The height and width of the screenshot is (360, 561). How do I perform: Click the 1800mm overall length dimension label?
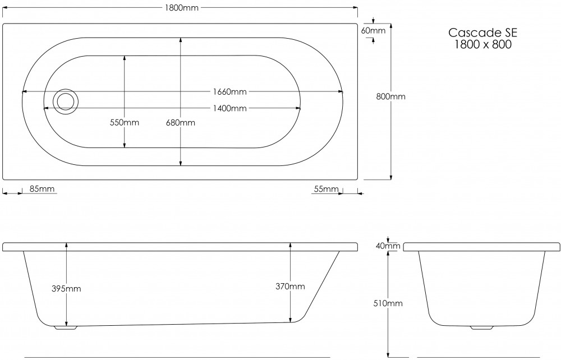[x=180, y=8]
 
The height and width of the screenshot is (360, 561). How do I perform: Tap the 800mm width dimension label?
[x=390, y=96]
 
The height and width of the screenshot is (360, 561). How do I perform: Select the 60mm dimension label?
[x=373, y=31]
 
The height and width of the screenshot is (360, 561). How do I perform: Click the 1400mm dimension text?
[x=229, y=108]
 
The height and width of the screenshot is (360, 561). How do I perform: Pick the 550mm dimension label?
[x=125, y=123]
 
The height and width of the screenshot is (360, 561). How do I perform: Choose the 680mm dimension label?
[x=181, y=123]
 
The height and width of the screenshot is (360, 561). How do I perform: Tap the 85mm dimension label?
[x=42, y=189]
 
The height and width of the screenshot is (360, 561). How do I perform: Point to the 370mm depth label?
[x=290, y=287]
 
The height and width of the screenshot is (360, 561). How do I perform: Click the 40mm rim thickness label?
[x=388, y=246]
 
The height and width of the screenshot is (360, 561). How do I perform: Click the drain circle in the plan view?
[x=66, y=101]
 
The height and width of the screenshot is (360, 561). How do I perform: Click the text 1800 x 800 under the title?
[x=482, y=45]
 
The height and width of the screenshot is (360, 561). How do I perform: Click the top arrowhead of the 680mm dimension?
[x=181, y=40]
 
